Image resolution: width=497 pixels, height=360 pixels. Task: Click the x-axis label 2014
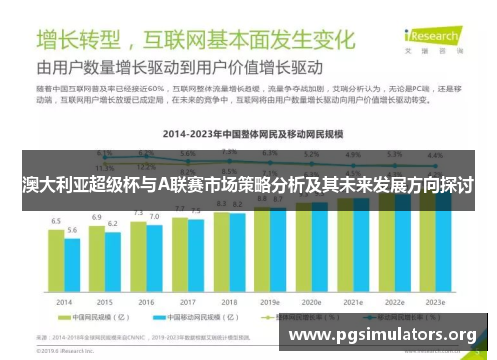pyautogui.click(x=64, y=300)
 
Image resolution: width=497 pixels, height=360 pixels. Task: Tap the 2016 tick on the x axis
pyautogui.click(x=146, y=300)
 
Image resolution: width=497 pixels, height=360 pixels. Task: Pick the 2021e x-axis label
pyautogui.click(x=353, y=300)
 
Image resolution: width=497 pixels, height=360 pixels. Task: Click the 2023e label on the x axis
pyautogui.click(x=434, y=300)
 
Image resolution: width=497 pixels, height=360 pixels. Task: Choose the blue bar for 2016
pyautogui.click(x=154, y=257)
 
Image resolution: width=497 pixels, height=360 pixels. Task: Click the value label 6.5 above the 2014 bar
pyautogui.click(x=57, y=221)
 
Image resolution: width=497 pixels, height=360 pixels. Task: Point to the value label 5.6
pyautogui.click(x=72, y=230)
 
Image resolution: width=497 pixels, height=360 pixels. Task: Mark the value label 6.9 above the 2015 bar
pyautogui.click(x=97, y=217)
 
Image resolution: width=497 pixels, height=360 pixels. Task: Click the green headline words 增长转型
pyautogui.click(x=80, y=41)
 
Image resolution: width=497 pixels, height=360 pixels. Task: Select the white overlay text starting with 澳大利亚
pyautogui.click(x=248, y=186)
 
